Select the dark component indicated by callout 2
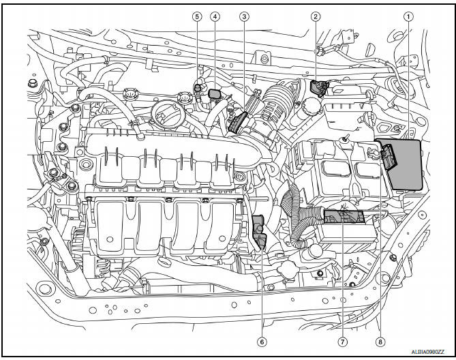(317, 88)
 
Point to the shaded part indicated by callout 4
(215, 93)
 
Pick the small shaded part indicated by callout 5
(198, 87)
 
